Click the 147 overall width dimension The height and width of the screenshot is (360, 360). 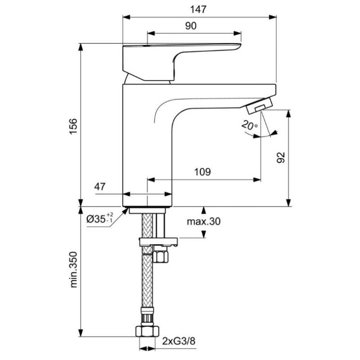[198, 9]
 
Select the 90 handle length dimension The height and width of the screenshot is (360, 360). [190, 26]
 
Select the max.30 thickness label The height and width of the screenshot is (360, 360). [205, 221]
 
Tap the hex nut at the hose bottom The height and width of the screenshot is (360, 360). [147, 332]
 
